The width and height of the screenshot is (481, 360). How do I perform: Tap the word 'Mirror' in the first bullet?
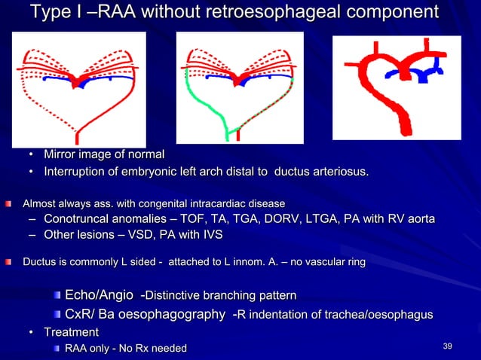(x=62, y=154)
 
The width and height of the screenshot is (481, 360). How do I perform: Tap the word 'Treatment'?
(x=71, y=332)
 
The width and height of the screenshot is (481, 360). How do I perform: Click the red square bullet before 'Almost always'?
(x=9, y=203)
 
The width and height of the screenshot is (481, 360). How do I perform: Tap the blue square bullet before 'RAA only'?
(x=57, y=348)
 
